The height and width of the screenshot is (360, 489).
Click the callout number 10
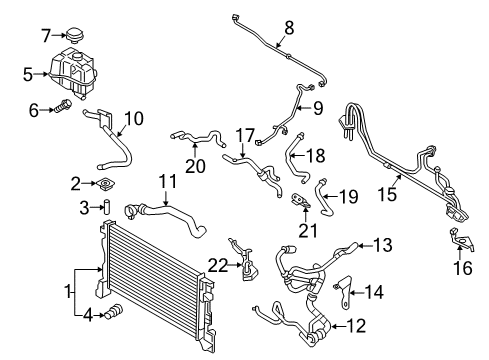coord(133,119)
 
